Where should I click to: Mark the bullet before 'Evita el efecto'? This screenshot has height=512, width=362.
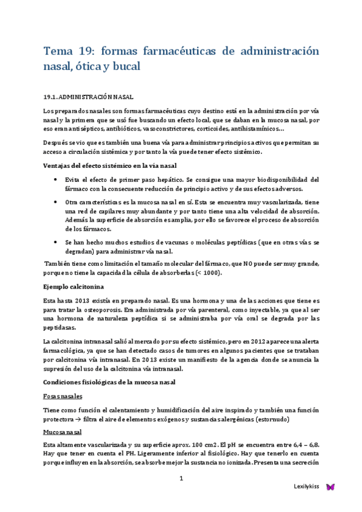click(x=56, y=180)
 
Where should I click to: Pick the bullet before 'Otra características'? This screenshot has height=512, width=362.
click(x=56, y=201)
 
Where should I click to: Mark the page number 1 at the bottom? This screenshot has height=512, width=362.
click(x=181, y=479)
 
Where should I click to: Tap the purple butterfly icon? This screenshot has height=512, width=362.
click(x=330, y=486)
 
